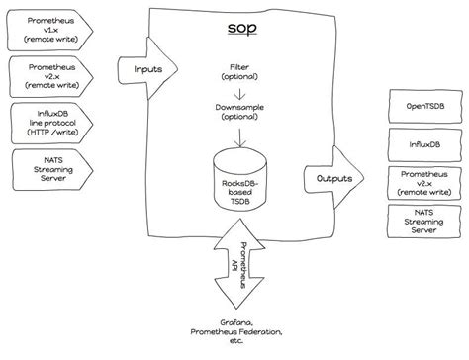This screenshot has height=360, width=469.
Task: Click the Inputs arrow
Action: coord(147,70)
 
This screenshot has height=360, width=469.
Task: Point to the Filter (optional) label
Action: coord(234,71)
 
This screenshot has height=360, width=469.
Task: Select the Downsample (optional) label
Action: coord(234,112)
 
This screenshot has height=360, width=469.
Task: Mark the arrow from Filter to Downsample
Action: coord(234,90)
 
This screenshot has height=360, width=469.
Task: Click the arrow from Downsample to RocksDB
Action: coord(234,132)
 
